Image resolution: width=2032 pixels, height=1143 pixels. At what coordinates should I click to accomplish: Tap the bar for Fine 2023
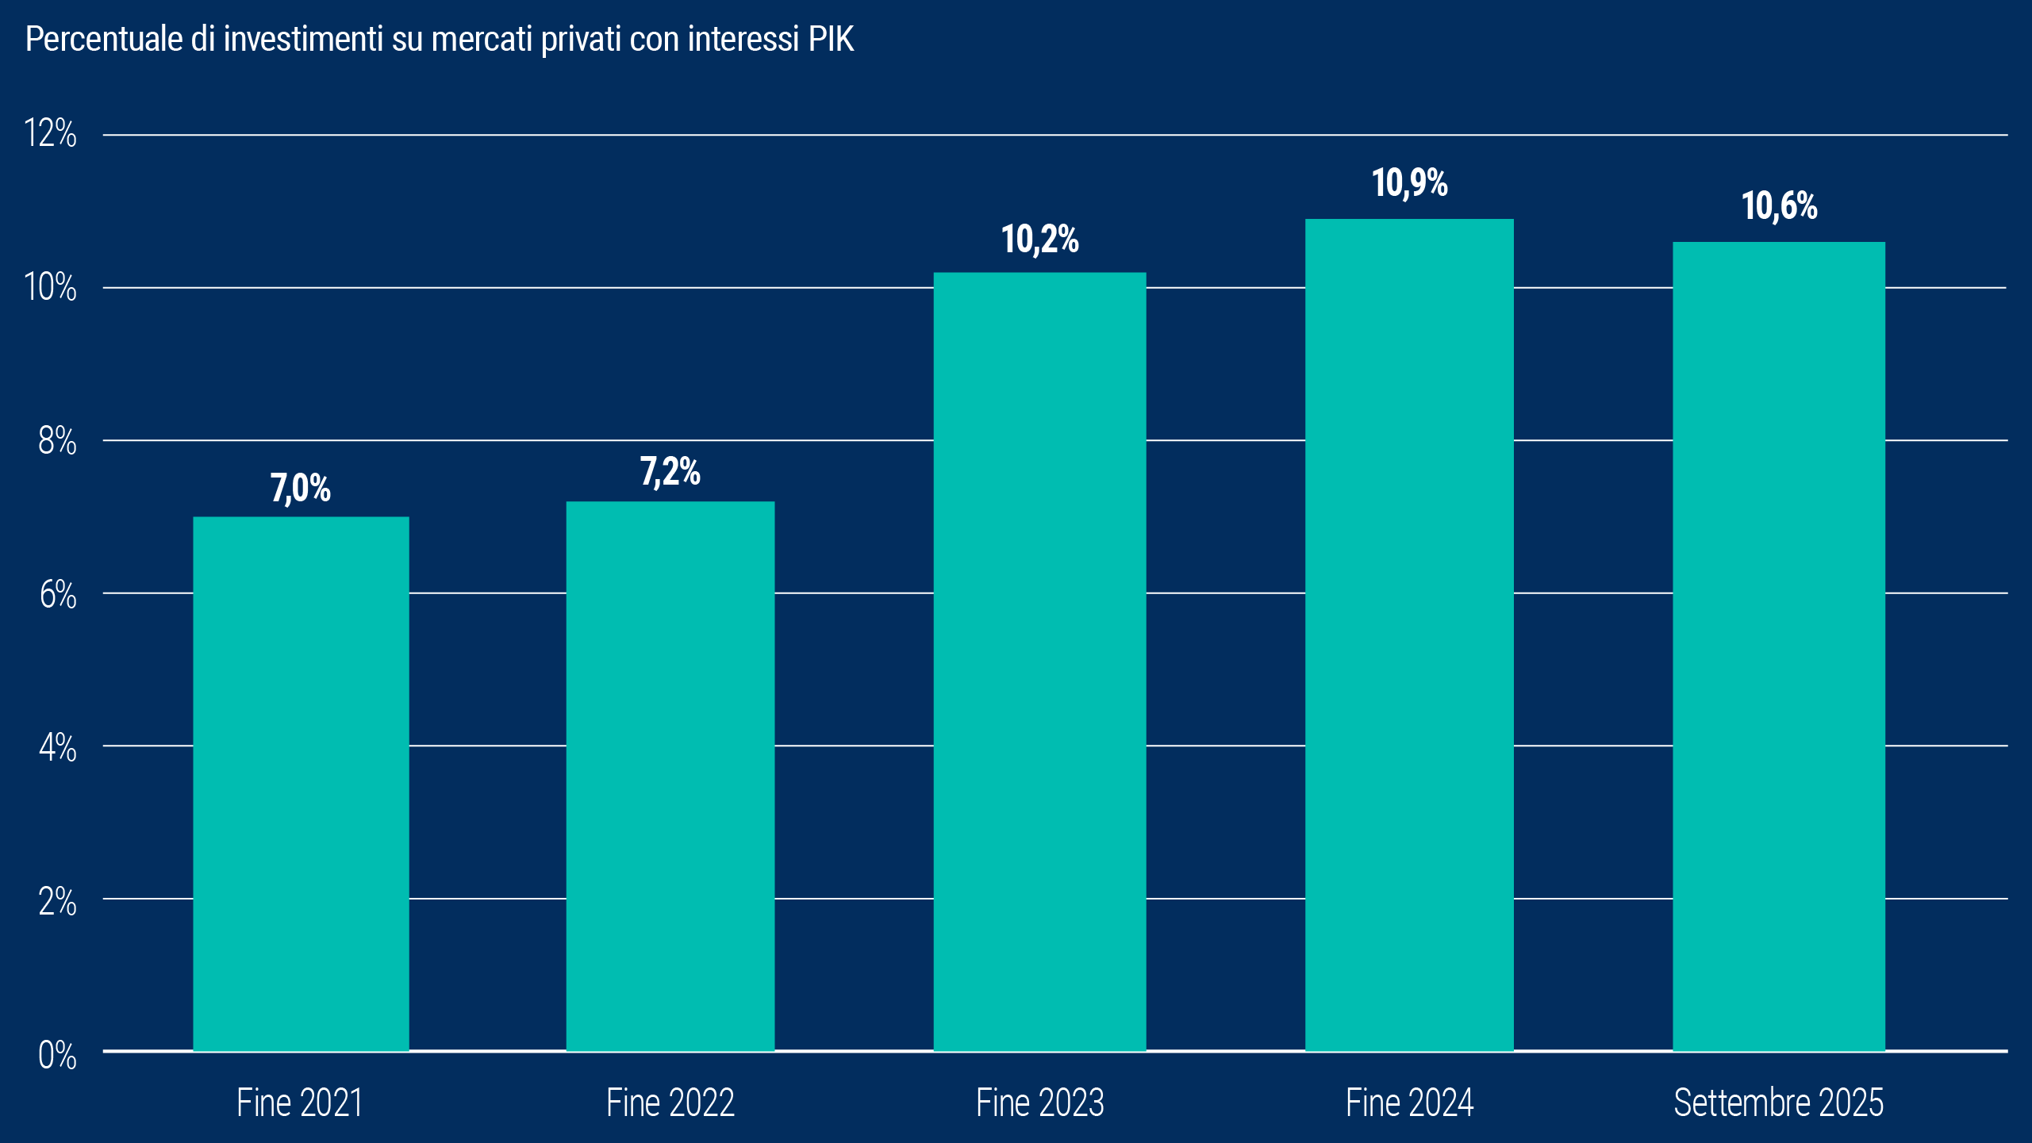(1039, 662)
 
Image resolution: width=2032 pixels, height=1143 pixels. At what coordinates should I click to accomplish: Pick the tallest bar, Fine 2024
(1409, 635)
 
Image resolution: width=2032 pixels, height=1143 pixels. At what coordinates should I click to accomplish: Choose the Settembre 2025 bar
(1779, 646)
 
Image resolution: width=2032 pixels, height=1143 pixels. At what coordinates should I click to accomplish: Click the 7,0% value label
(301, 488)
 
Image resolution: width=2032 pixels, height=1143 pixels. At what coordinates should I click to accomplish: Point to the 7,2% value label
(670, 472)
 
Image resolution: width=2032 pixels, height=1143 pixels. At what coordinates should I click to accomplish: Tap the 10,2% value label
(1039, 240)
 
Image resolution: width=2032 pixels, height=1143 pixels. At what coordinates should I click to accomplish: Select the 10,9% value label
(1409, 183)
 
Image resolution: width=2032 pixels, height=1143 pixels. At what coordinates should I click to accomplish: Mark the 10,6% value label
(1779, 206)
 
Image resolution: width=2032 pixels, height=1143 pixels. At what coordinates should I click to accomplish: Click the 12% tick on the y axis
(50, 133)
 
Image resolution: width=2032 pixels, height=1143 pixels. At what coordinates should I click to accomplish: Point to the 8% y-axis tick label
(57, 441)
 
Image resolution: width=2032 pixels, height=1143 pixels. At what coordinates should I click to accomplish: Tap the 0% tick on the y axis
(57, 1056)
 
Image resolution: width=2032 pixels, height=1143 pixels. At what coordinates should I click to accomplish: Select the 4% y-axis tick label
(57, 748)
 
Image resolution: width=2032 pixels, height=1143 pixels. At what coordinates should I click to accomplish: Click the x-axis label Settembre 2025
(1778, 1103)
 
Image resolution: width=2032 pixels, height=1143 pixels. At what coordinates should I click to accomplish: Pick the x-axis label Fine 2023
(1039, 1103)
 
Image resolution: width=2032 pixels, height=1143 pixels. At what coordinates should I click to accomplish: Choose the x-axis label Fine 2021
(300, 1103)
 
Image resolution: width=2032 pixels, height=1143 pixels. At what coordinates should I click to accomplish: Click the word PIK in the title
(831, 39)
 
